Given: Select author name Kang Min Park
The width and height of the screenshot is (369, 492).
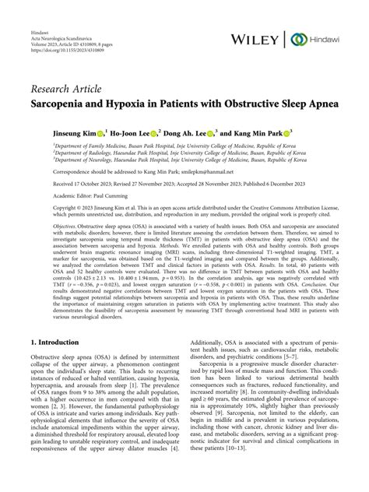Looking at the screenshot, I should point(262,133).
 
